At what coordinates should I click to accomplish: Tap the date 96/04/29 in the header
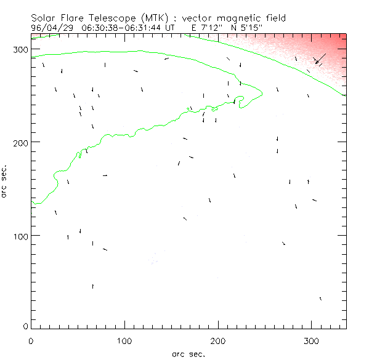click(51, 28)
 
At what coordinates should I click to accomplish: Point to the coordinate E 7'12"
click(204, 28)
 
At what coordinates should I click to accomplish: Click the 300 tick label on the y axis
click(20, 49)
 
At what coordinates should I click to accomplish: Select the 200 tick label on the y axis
click(20, 142)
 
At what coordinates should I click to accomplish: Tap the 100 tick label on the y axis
click(20, 236)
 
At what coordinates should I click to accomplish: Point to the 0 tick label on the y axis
click(25, 326)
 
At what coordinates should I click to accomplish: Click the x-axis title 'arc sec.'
click(188, 353)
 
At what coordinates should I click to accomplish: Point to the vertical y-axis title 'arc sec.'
click(4, 180)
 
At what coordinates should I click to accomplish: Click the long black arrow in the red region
click(320, 58)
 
